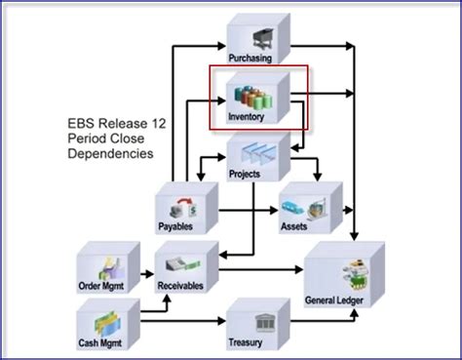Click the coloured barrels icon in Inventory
click(252, 98)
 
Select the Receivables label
click(182, 286)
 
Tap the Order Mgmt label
click(104, 286)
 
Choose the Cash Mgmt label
click(103, 343)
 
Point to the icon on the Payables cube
click(182, 208)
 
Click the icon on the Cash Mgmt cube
click(102, 323)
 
